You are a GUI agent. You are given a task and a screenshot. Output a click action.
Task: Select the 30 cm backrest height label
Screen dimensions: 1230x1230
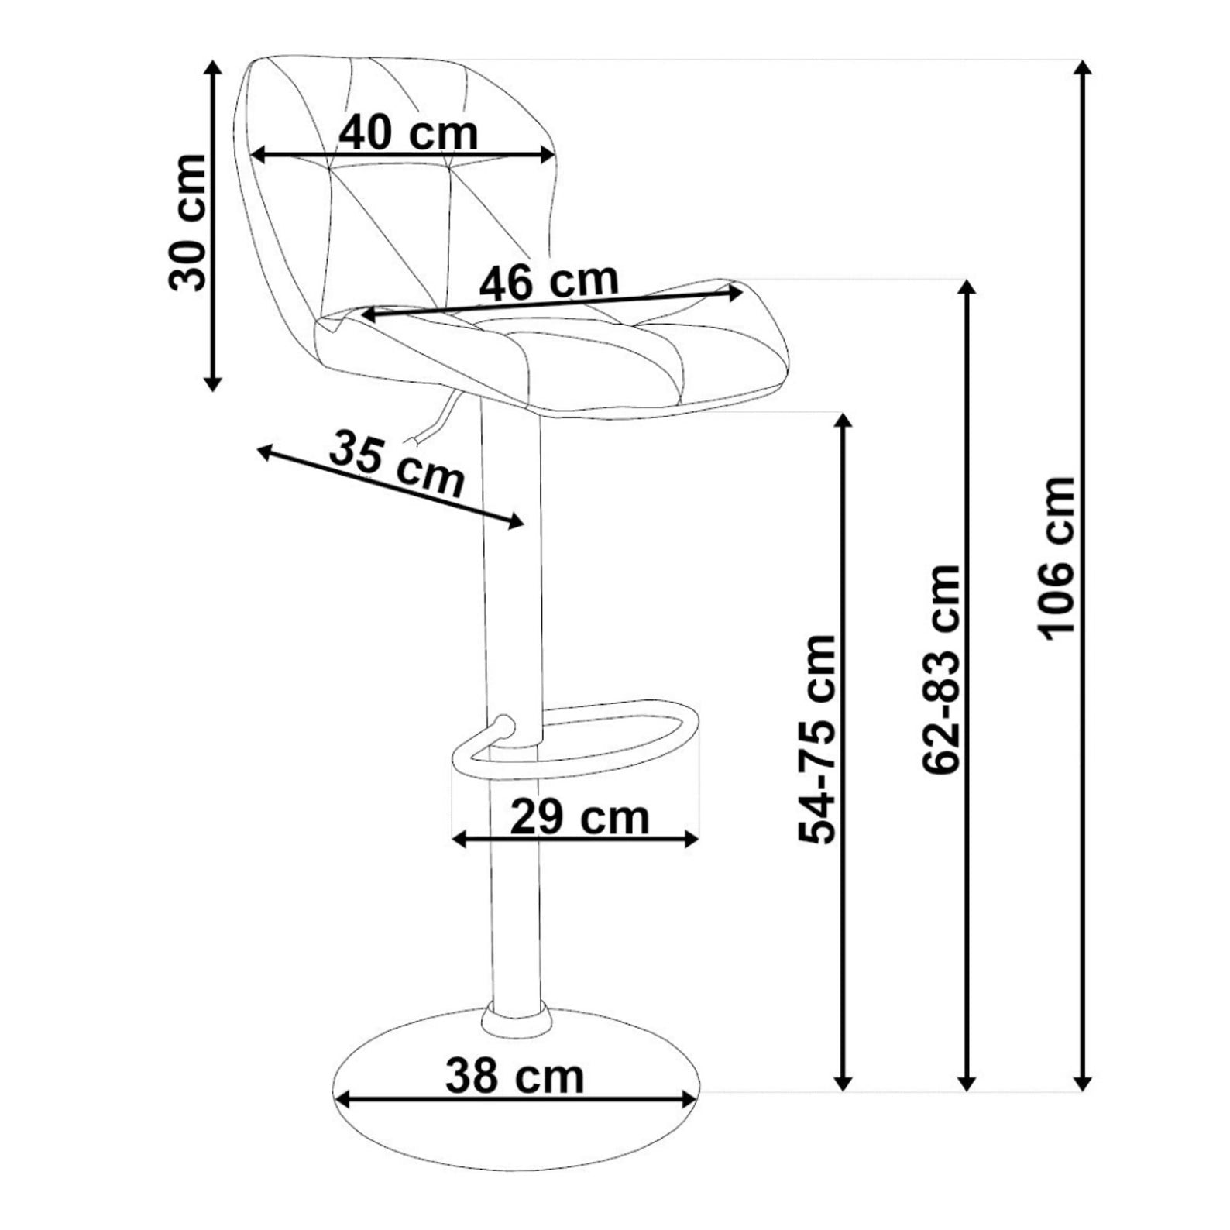[x=187, y=222]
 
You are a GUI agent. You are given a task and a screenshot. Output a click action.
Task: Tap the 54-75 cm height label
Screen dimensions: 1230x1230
[x=817, y=739]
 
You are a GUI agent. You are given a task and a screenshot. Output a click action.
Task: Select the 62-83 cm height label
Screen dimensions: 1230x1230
[x=942, y=669]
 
